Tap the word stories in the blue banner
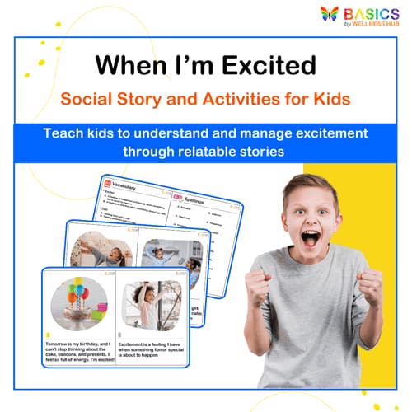(261, 152)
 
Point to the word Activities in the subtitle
(234, 101)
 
